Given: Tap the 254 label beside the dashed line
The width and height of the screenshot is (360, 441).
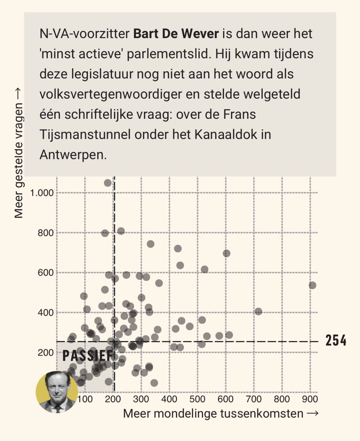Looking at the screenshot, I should [336, 341].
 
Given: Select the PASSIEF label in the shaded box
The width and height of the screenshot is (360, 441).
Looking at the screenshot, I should [87, 355].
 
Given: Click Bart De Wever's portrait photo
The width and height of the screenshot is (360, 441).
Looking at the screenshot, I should [57, 391].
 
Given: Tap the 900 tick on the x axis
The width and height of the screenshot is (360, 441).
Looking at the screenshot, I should [309, 399].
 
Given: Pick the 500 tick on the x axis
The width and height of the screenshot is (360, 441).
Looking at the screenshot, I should [197, 399].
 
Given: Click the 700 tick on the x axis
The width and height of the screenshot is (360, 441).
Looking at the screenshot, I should [253, 399].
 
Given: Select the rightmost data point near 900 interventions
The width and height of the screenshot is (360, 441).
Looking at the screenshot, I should [312, 285].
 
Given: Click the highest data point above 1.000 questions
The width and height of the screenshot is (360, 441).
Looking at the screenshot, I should [108, 183].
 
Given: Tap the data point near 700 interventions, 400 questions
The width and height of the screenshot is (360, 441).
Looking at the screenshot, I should [258, 311].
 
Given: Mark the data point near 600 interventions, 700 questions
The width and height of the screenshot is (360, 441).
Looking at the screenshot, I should [227, 253].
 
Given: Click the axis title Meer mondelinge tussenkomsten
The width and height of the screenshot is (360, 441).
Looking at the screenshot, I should [213, 413].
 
